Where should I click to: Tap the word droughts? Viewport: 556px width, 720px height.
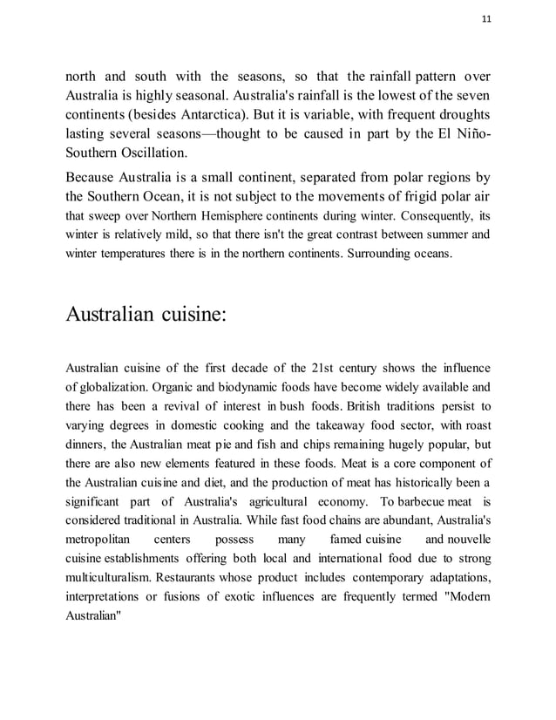click(x=458, y=114)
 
